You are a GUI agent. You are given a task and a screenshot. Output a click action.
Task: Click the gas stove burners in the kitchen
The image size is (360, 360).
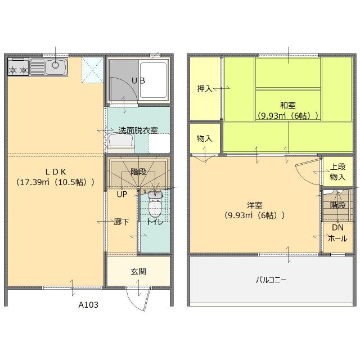click(18, 70)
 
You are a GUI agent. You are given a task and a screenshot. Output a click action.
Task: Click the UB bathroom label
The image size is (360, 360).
click(138, 80)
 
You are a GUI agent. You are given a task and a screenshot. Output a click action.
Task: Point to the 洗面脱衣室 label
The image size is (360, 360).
click(138, 130)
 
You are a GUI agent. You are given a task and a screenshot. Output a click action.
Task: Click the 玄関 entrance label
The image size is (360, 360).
click(138, 271)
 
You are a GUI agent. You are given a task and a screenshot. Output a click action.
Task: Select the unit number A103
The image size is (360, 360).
click(88, 305)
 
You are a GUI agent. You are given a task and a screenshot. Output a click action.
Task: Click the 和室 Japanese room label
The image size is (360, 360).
click(288, 105)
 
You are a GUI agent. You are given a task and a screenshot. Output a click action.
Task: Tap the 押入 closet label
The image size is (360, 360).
click(204, 88)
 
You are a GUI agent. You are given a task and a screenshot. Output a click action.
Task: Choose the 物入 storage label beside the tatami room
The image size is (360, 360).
click(205, 138)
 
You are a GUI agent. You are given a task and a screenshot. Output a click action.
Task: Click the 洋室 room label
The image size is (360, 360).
click(254, 205)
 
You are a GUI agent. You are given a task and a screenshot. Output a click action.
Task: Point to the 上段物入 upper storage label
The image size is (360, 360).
click(337, 172)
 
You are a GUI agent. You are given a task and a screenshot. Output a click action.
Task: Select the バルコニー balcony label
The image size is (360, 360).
click(271, 280)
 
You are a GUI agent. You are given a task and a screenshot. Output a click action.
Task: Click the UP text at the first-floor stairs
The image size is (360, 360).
click(121, 195)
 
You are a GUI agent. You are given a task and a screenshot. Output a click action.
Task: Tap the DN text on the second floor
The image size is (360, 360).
click(337, 227)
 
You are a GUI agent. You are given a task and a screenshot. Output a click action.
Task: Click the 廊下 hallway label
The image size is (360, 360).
click(121, 222)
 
